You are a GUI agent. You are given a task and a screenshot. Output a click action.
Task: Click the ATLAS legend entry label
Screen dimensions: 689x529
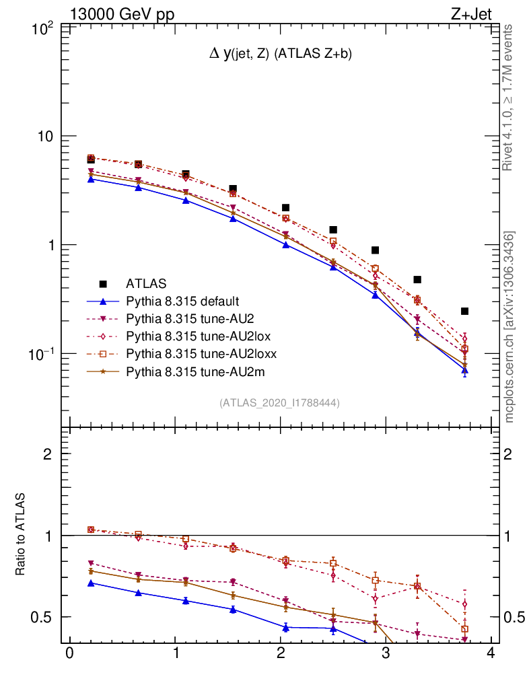point(146,283)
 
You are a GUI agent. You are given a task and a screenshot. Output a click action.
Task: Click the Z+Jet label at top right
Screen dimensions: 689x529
point(479,15)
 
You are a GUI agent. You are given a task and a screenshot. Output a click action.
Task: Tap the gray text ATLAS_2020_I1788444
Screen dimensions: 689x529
point(279,403)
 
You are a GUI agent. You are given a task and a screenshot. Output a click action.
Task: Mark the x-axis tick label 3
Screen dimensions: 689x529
point(386,653)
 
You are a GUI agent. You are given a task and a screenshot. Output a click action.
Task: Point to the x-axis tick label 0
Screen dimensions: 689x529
point(69,653)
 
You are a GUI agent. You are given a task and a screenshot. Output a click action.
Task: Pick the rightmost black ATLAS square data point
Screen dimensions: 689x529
point(464,311)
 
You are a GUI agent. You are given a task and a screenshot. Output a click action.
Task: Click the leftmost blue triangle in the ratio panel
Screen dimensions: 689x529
point(90,583)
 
